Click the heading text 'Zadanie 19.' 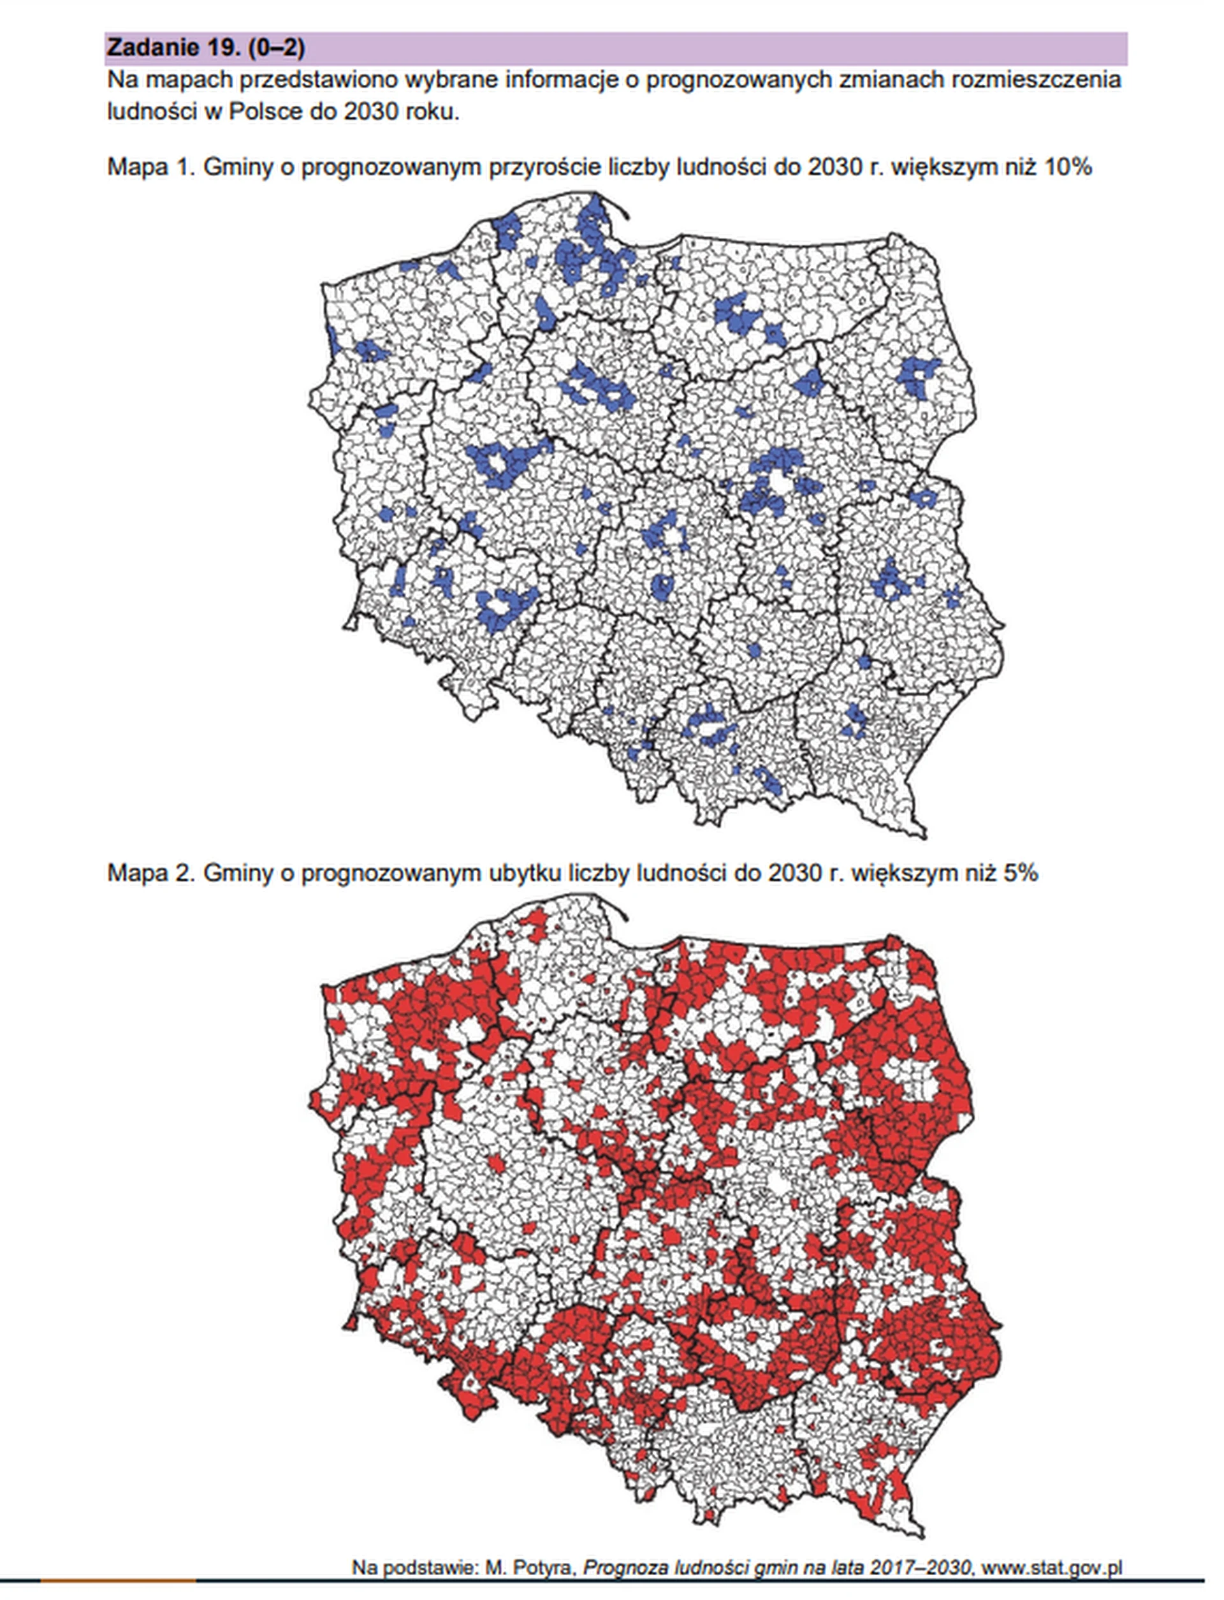tap(173, 48)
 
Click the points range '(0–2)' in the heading tap(276, 48)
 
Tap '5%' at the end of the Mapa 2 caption tap(1020, 873)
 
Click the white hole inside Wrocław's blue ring tap(502, 604)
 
